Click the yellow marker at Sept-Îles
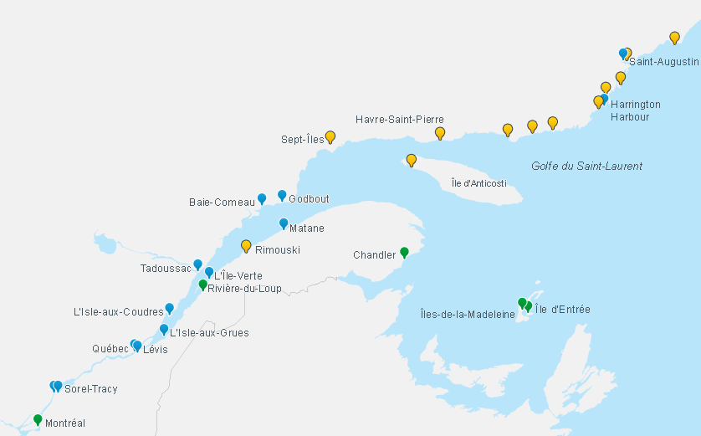point(330,136)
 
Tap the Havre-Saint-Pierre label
point(399,120)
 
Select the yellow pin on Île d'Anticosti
point(411,160)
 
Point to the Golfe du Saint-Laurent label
point(586,166)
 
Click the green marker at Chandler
point(404,252)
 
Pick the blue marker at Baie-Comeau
point(262,198)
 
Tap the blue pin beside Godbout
point(282,195)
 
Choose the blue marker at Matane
point(284,223)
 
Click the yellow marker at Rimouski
point(246,245)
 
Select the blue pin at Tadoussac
point(198,264)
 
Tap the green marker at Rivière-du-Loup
point(202,285)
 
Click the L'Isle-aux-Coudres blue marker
point(169,308)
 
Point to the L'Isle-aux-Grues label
point(209,332)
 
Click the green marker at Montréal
point(38,419)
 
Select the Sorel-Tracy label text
point(91,389)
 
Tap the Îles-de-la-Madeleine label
point(468,314)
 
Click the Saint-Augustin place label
point(663,62)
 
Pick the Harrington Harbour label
point(635,110)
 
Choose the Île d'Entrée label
point(562,310)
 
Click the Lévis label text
point(155,349)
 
